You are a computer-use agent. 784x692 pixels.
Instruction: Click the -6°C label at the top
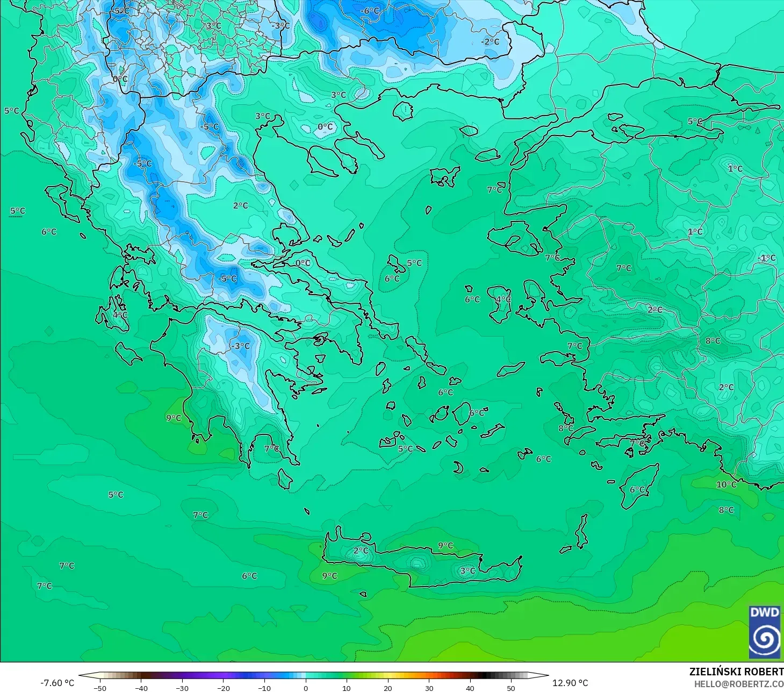click(370, 11)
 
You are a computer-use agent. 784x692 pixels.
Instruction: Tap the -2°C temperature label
click(490, 41)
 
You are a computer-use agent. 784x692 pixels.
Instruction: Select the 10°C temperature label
click(726, 484)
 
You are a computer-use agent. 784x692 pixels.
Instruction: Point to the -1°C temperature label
click(767, 258)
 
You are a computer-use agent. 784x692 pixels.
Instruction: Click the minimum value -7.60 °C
click(57, 683)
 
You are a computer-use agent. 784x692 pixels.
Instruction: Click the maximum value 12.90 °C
click(571, 683)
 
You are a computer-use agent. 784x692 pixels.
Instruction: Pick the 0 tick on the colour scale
click(305, 688)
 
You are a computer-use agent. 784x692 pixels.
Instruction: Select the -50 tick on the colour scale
click(100, 688)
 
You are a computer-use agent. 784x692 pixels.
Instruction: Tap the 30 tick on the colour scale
click(429, 688)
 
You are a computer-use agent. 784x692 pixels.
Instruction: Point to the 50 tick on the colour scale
click(511, 688)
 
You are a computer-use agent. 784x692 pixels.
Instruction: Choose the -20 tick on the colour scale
click(223, 688)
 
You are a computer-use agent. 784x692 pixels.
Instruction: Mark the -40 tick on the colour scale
click(141, 688)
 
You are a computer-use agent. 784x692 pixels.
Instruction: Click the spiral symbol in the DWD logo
click(765, 639)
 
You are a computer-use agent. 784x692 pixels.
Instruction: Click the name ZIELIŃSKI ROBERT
click(736, 672)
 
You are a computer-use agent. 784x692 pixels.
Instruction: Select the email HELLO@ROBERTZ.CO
click(738, 684)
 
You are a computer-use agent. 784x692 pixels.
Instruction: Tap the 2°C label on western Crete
click(361, 551)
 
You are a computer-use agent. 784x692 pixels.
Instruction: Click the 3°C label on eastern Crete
click(467, 570)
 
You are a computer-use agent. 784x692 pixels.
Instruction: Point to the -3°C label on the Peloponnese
click(241, 346)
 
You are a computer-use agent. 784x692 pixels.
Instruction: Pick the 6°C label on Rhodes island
click(637, 489)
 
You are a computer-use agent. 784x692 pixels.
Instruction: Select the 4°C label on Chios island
click(504, 299)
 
